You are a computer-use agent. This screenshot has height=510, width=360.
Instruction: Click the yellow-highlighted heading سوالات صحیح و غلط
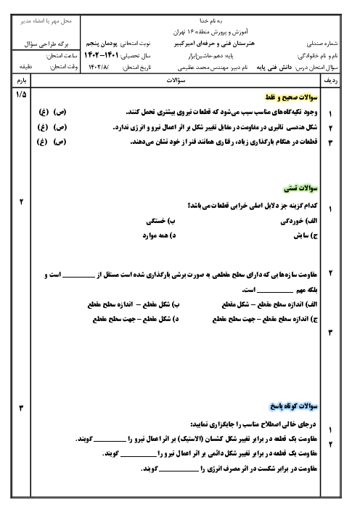(x=292, y=97)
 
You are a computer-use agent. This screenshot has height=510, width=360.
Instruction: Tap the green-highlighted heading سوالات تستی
(x=300, y=188)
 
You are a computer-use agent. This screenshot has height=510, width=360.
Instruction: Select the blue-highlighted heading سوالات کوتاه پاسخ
(x=294, y=406)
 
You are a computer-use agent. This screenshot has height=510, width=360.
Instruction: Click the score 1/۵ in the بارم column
(x=21, y=94)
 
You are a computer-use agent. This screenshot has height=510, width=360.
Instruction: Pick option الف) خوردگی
(x=298, y=221)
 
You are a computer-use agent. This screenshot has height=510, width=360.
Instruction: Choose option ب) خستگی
(x=160, y=221)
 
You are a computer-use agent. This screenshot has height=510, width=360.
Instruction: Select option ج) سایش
(x=306, y=235)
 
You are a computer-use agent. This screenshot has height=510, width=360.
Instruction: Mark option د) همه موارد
(x=159, y=235)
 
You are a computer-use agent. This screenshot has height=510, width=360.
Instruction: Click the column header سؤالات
(x=176, y=81)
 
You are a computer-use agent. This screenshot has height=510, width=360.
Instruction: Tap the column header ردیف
(x=331, y=81)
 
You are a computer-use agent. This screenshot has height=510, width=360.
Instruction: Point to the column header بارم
(x=22, y=81)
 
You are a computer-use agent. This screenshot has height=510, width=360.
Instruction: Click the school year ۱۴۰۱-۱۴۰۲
(x=101, y=56)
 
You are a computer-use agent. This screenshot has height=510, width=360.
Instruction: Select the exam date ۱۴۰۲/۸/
(x=99, y=68)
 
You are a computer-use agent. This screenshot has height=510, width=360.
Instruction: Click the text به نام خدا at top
(x=211, y=21)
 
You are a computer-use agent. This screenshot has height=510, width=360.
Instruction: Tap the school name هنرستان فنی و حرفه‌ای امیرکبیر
(x=214, y=44)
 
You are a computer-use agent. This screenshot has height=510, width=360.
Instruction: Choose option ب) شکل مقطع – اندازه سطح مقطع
(x=134, y=304)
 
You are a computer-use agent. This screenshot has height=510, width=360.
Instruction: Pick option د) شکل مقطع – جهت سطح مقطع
(x=136, y=319)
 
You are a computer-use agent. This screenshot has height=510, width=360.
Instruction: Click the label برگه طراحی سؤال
(x=46, y=44)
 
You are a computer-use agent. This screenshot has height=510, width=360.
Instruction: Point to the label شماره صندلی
(x=322, y=44)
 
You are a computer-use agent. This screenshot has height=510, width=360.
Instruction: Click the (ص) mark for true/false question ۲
(x=60, y=127)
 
